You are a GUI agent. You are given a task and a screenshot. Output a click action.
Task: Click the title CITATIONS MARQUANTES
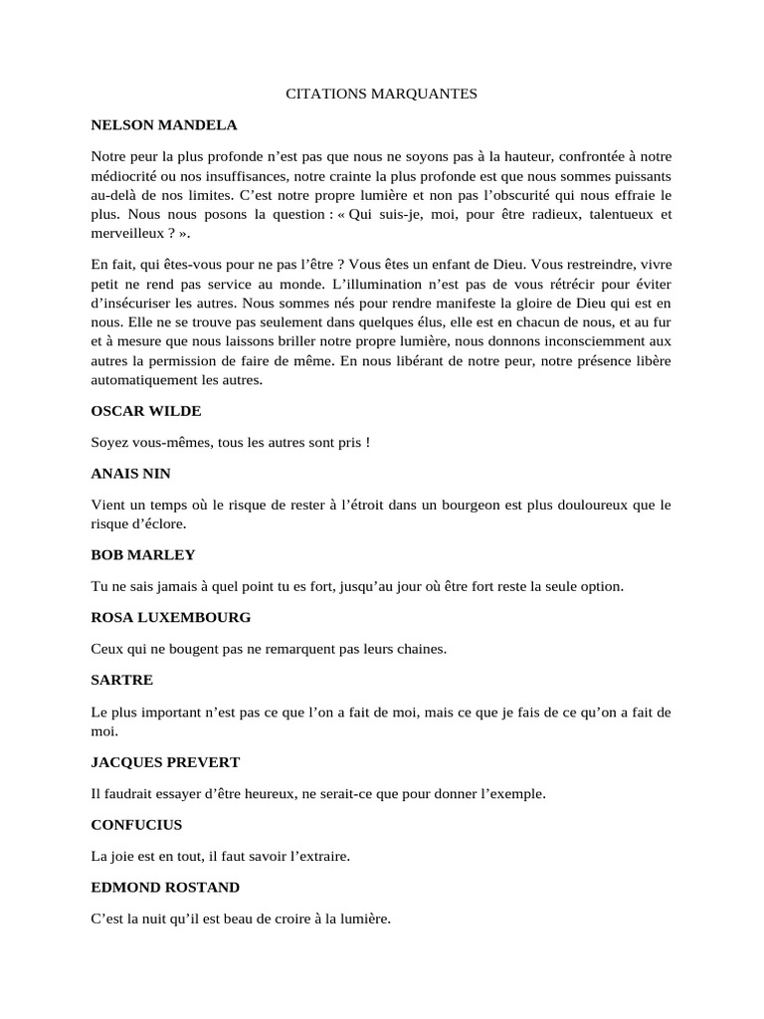[382, 94]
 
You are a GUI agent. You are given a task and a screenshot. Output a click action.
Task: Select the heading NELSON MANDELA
[164, 125]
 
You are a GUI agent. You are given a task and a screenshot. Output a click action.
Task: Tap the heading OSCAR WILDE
[147, 410]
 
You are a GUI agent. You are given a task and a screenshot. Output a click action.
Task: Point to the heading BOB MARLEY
[143, 554]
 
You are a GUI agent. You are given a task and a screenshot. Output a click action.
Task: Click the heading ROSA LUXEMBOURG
[171, 617]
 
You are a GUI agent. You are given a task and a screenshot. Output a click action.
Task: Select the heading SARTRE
[121, 681]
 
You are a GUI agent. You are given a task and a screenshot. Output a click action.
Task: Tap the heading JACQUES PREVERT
[165, 762]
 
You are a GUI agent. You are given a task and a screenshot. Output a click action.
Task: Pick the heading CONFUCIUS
[136, 825]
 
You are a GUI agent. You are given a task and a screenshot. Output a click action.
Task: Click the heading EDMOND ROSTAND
[165, 887]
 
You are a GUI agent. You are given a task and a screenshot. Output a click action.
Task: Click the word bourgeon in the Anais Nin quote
[466, 506]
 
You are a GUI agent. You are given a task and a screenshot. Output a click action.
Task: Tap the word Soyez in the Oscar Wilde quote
[109, 442]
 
